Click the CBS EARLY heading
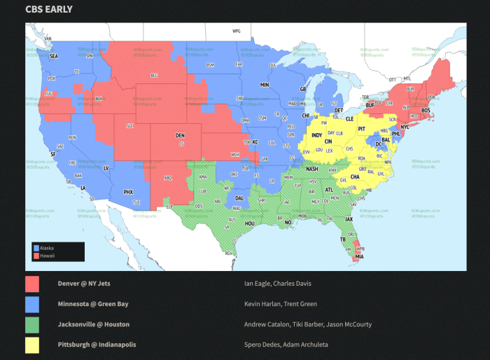[49, 9]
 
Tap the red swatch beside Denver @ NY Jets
[31, 284]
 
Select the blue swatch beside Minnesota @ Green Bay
[31, 304]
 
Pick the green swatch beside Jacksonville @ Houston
[31, 324]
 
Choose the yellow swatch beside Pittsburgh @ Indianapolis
[31, 345]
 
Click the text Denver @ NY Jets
[84, 284]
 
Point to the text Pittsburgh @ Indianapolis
[97, 345]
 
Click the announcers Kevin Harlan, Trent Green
[280, 304]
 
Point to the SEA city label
[53, 55]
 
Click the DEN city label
[180, 135]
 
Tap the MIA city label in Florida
[359, 257]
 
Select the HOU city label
[250, 223]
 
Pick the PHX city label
[128, 191]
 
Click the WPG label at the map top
[237, 31]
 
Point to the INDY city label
[317, 134]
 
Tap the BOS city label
[426, 111]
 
